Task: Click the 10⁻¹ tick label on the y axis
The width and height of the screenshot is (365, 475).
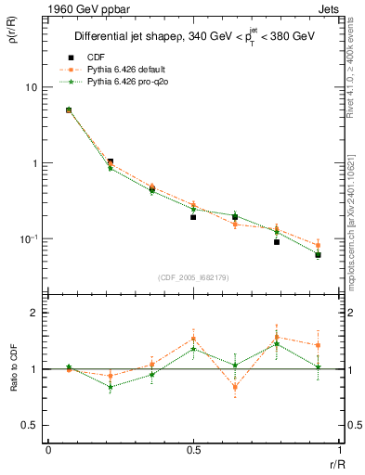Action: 31,238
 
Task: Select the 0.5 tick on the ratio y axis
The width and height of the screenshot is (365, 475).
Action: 33,425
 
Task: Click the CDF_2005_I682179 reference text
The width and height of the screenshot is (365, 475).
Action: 193,276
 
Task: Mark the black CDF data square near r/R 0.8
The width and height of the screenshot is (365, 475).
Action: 277,242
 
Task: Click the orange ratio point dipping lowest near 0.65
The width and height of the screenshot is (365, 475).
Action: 235,387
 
